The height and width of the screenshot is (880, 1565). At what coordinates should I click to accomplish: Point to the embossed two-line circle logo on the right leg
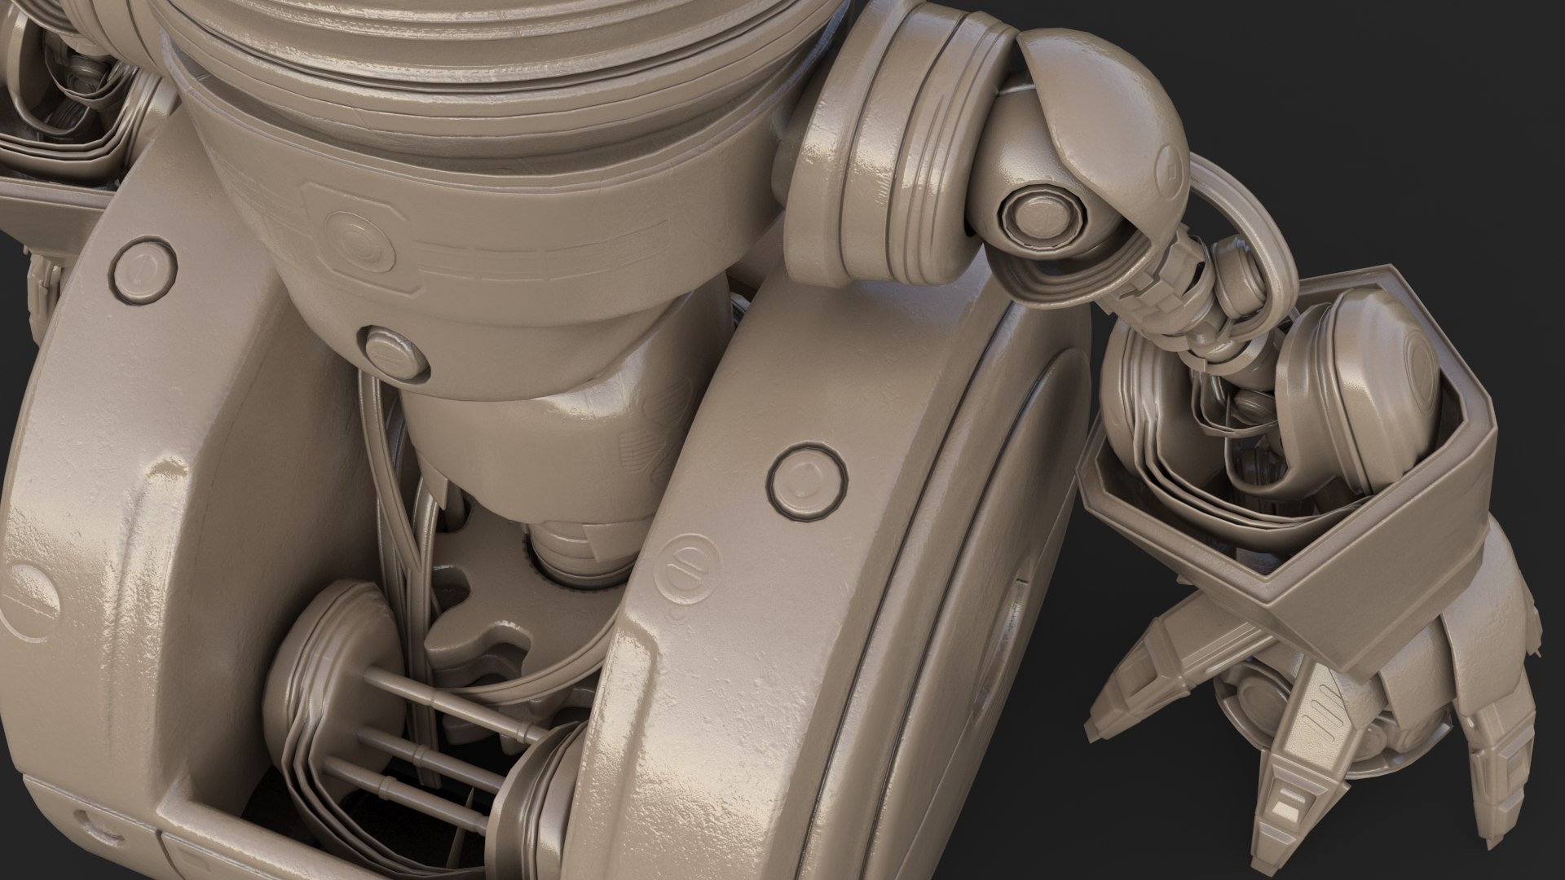point(691,561)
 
